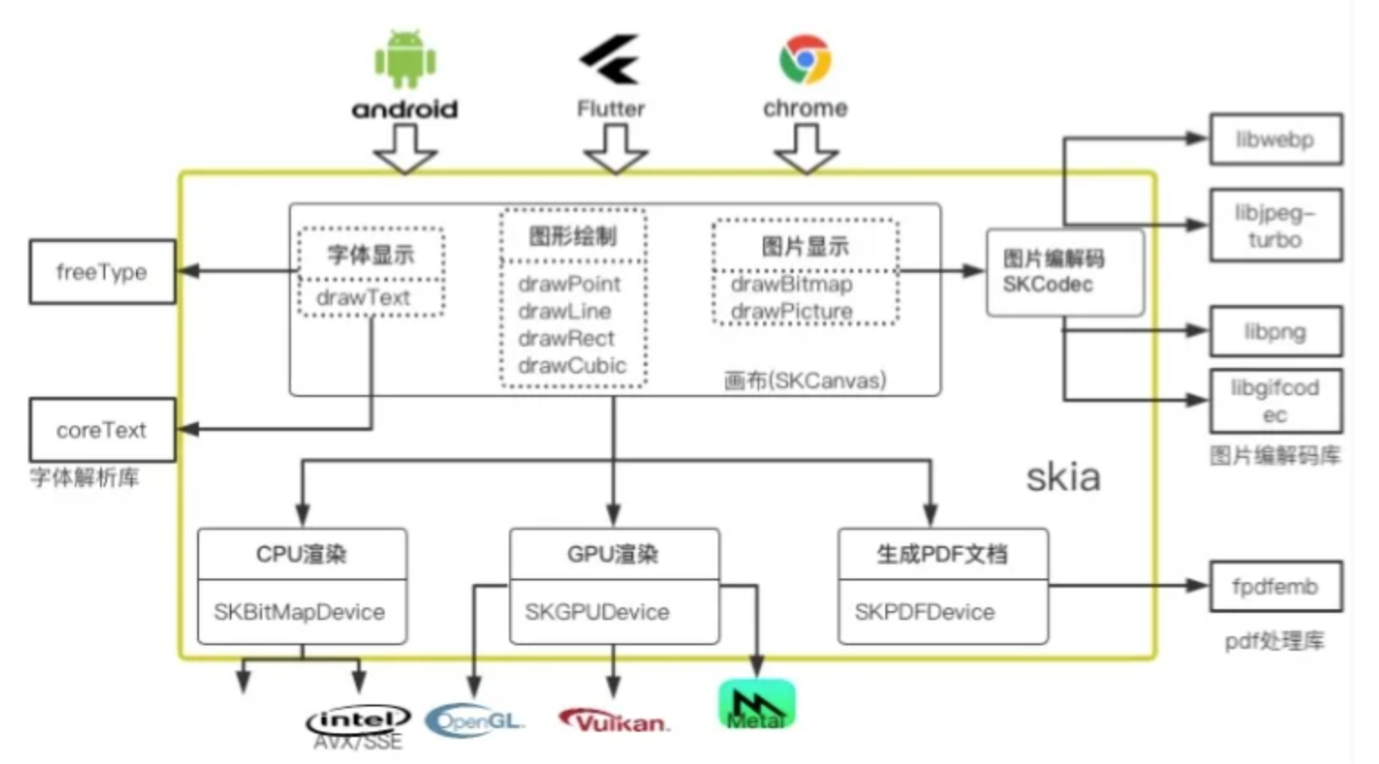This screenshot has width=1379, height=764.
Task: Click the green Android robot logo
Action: (405, 59)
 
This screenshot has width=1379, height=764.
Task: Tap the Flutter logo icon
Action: (611, 59)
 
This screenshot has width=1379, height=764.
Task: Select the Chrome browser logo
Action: (804, 59)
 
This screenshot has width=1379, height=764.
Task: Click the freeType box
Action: (102, 272)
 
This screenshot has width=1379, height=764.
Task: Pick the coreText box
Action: (102, 430)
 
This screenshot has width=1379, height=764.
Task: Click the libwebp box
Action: (1275, 139)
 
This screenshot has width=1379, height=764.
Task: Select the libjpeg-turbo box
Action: (1275, 226)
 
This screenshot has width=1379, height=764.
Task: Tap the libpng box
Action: (1275, 332)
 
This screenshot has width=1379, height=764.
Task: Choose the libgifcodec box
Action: (1275, 401)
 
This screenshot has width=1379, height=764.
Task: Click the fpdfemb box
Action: (1275, 587)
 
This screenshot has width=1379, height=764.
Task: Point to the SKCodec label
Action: (1048, 284)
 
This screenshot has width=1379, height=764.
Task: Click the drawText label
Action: (363, 298)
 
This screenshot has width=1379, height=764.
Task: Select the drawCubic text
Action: (572, 365)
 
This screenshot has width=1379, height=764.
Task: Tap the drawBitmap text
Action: (791, 284)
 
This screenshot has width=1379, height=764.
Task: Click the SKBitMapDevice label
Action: (299, 612)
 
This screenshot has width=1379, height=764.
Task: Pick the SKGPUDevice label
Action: (597, 612)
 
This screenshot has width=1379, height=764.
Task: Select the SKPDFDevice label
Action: (924, 612)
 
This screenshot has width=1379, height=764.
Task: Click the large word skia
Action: (1063, 477)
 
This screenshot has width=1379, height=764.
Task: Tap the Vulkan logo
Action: (614, 722)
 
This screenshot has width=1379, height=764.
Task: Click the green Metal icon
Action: (757, 705)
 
